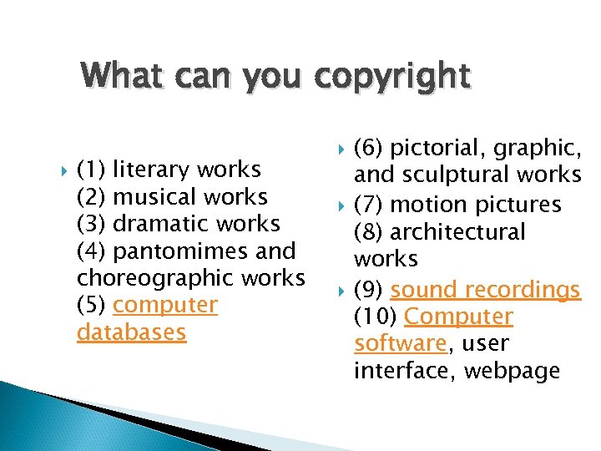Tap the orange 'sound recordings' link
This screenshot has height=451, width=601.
pos(485,290)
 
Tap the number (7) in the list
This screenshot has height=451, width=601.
pos(368,204)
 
